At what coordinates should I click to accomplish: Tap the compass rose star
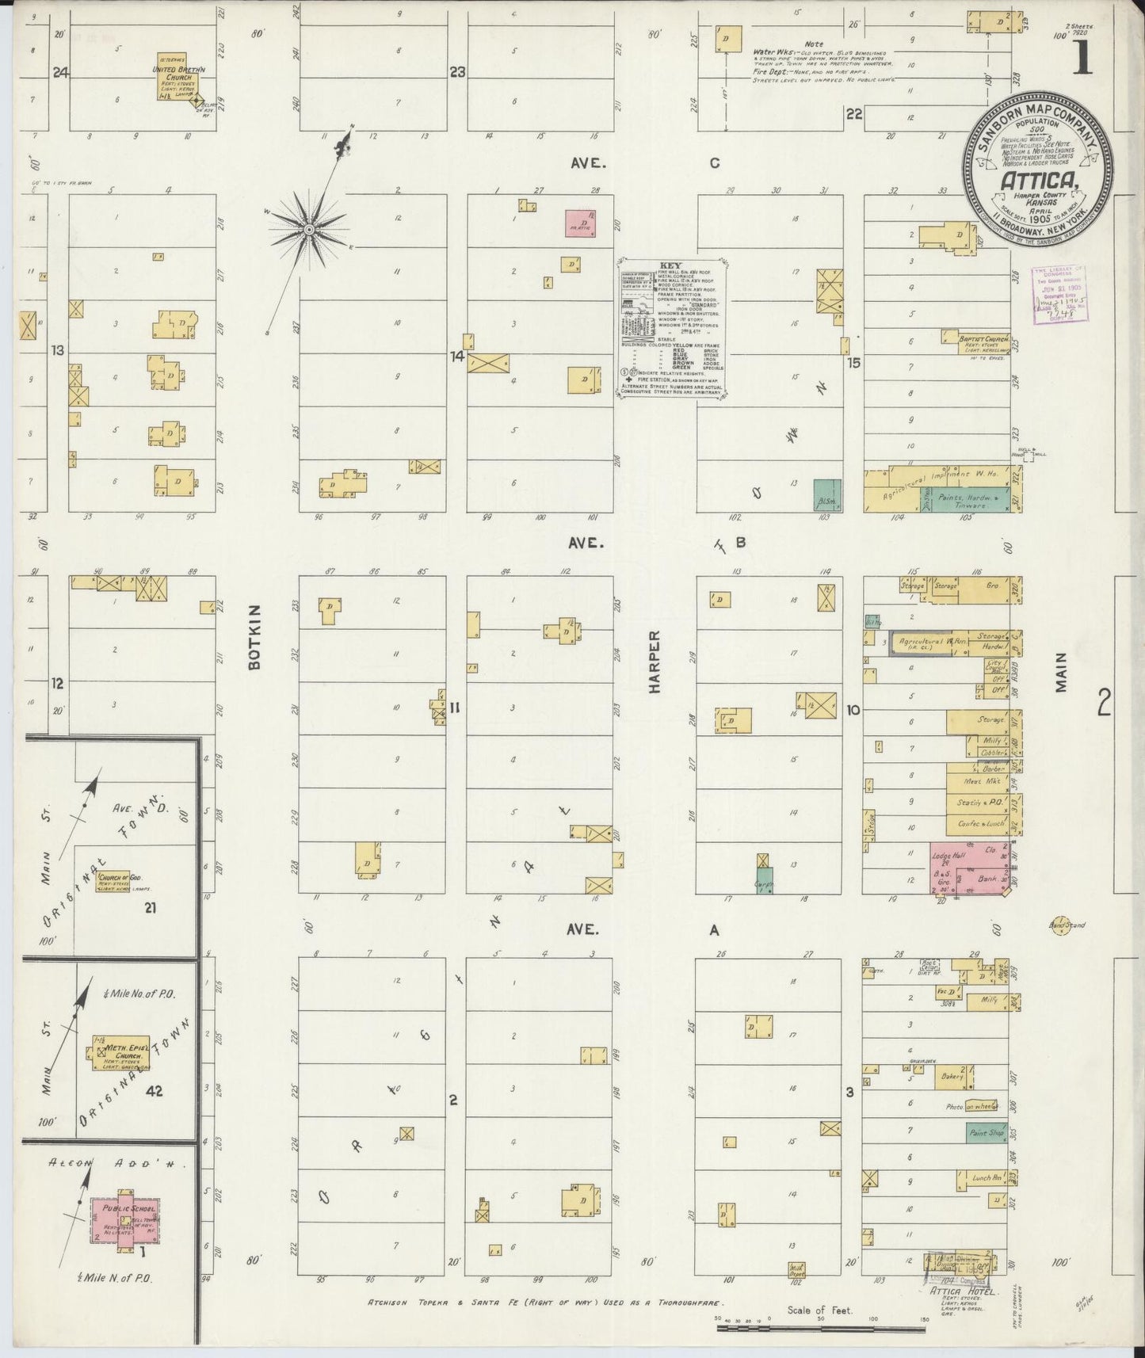pyautogui.click(x=308, y=230)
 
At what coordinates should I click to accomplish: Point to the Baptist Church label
pyautogui.click(x=983, y=338)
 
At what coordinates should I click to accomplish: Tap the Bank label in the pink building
pyautogui.click(x=987, y=879)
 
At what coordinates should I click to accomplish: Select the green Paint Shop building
pyautogui.click(x=986, y=1134)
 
